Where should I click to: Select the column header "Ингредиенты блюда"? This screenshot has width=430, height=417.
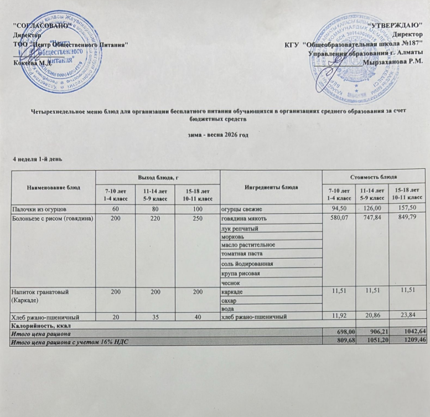pos(271,187)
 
